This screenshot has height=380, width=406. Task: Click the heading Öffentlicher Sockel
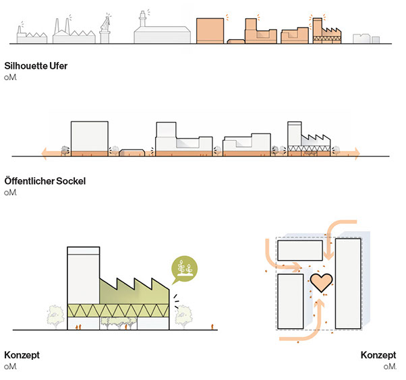pos(45,181)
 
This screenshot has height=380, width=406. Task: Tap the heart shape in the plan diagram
pos(322,282)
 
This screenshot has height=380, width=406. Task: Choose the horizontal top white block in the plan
pos(299,251)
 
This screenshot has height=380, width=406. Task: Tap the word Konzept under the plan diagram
pos(379,355)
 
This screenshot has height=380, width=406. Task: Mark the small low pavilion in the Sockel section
pos(133,153)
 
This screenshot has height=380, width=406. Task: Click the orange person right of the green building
pos(214,327)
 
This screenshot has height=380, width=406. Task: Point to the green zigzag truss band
pos(119,311)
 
